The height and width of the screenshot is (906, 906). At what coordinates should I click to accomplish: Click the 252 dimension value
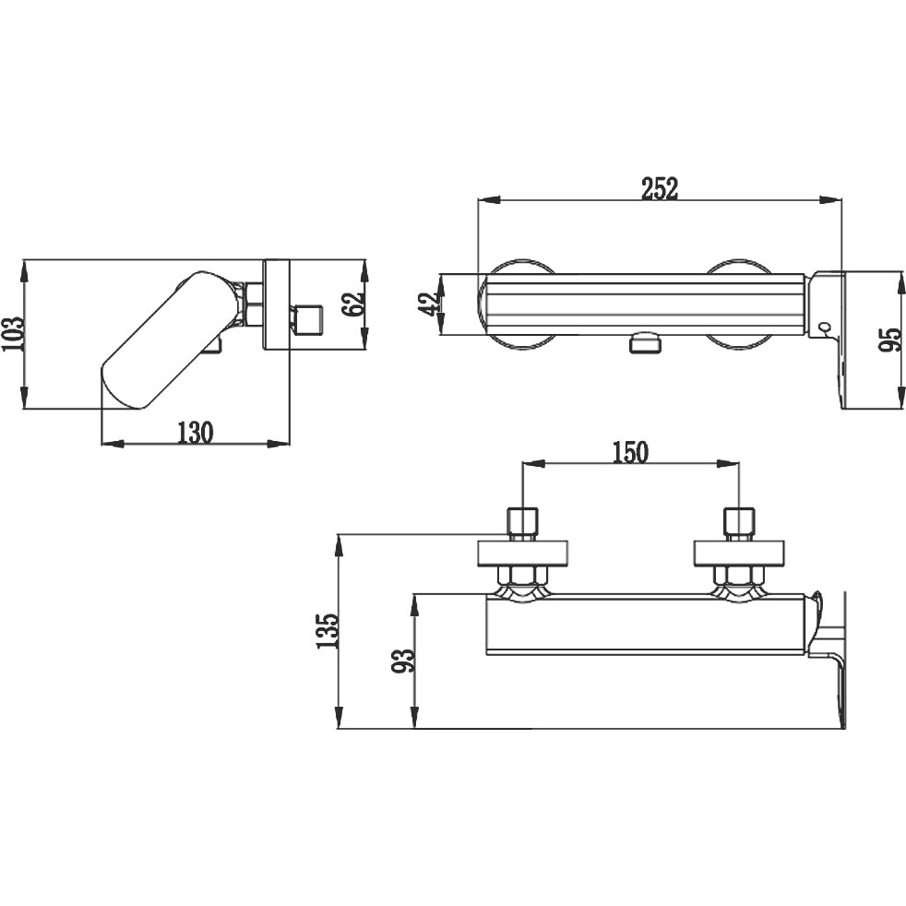[x=660, y=188]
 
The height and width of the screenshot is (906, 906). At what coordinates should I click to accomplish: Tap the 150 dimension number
[x=630, y=452]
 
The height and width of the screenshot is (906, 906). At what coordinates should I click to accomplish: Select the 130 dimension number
[x=195, y=432]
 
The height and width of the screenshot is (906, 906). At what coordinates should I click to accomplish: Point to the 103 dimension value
[x=13, y=333]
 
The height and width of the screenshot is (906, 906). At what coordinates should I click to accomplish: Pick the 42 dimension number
[x=429, y=304]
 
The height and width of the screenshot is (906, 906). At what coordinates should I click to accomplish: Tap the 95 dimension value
[x=889, y=340]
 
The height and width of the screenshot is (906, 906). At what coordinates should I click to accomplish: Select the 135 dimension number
[x=327, y=630]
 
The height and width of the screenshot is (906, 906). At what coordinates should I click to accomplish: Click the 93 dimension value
[x=403, y=661]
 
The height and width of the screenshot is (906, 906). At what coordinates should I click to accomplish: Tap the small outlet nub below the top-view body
[x=645, y=343]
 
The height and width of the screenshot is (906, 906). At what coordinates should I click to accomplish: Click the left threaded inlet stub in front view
[x=522, y=524]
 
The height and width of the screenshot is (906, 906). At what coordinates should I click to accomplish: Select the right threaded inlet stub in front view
[x=739, y=524]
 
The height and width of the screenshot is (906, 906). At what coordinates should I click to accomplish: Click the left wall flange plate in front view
[x=522, y=553]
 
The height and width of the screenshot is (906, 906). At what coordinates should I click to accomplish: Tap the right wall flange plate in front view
[x=739, y=553]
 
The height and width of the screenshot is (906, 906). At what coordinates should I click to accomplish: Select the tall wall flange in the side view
[x=276, y=304]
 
